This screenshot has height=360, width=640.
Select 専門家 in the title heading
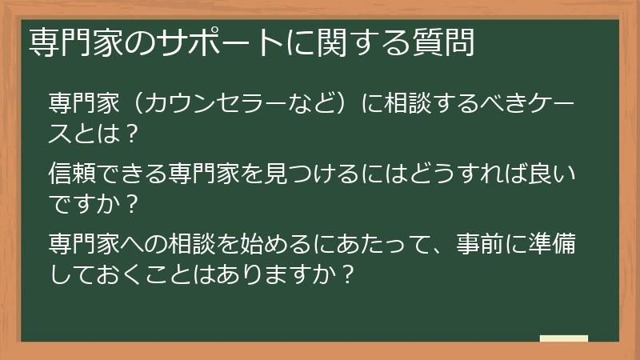(x=68, y=42)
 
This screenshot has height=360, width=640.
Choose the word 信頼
(x=72, y=172)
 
